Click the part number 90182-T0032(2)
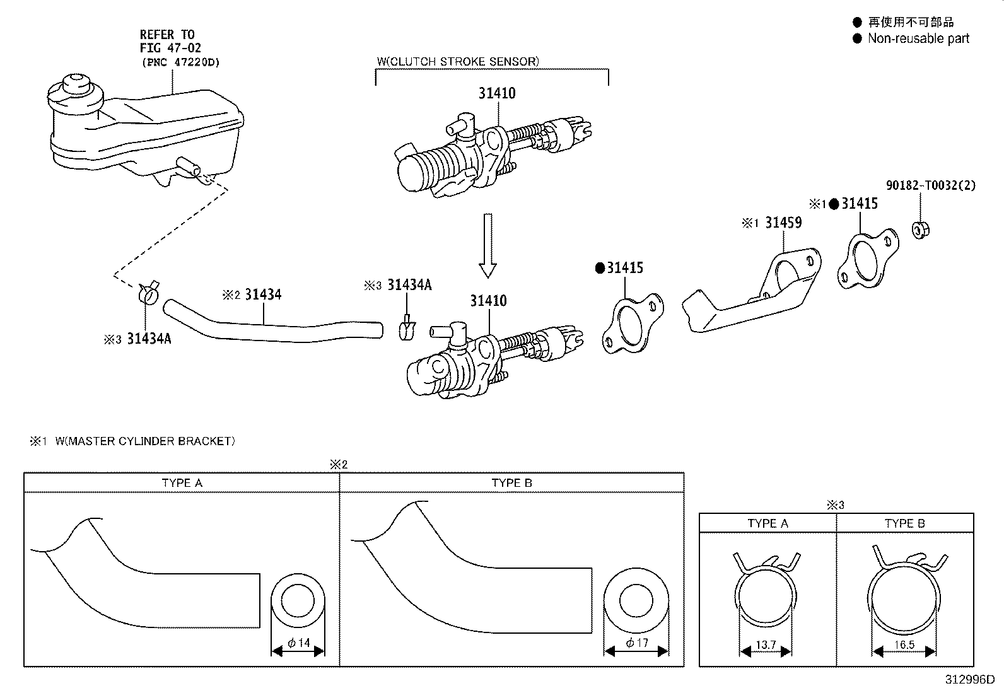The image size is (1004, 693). click(x=931, y=185)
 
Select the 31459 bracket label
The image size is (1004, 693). click(x=783, y=223)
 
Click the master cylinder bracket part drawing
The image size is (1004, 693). click(x=750, y=296)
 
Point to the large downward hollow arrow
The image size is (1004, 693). click(x=487, y=245)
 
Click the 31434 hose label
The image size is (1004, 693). click(x=263, y=294)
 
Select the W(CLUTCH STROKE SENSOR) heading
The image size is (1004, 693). click(x=458, y=61)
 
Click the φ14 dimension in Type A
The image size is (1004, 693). click(x=299, y=643)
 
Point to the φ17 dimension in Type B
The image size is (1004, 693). click(x=636, y=643)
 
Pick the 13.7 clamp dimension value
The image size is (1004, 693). click(x=765, y=645)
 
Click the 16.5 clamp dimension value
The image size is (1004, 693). click(x=904, y=645)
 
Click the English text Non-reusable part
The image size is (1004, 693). click(x=918, y=38)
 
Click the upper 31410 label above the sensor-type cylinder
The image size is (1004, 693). click(x=497, y=93)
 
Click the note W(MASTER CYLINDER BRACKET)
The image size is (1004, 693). click(x=145, y=441)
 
